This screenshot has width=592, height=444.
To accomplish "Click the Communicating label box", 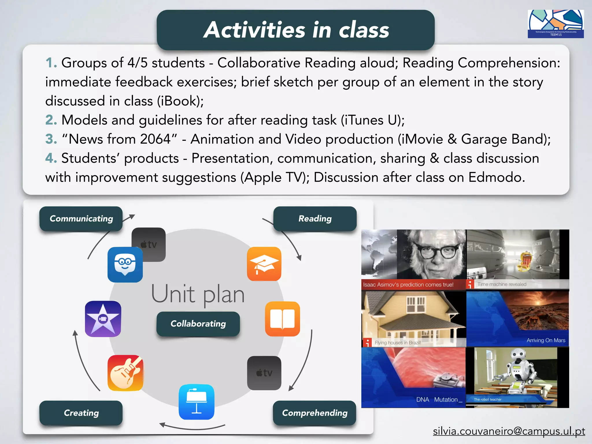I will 81,219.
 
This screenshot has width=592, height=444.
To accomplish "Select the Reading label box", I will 315,219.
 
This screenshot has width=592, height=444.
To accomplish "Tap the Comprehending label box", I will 314,413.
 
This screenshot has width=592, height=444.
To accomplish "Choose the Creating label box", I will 81,413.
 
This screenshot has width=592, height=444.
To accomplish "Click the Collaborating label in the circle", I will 198,324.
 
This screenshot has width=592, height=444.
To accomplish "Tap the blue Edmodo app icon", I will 125,264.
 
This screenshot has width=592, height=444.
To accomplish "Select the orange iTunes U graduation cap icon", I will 264,264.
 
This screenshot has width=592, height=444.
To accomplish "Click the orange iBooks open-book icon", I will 282,319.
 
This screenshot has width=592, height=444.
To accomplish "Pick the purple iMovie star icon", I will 103,319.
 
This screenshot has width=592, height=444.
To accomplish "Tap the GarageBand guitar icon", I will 125,373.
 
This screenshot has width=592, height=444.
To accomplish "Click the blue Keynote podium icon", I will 197,402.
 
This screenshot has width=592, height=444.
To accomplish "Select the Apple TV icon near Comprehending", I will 264,373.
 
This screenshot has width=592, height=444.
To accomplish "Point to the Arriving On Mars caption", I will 546,340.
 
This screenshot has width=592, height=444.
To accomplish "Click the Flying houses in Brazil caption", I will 398,343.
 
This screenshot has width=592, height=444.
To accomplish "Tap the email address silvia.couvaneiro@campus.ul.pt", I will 509,431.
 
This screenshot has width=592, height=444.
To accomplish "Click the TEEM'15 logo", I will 556,24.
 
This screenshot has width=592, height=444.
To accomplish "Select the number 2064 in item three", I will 156,139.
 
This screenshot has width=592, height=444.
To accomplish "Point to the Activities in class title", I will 296,30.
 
